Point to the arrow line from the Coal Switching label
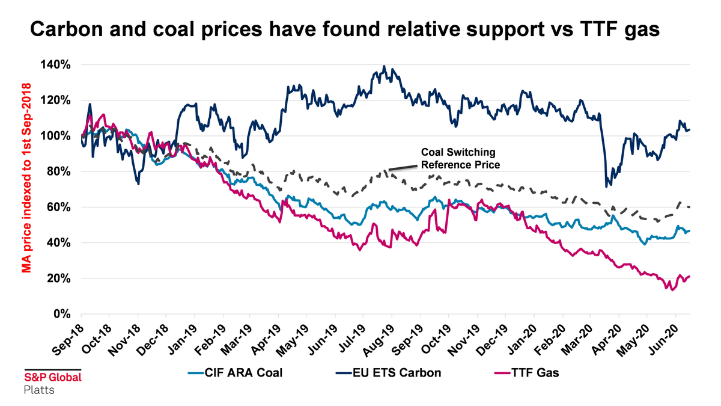coord(404,168)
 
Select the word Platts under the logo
coord(38,390)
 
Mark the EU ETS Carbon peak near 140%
coord(384,67)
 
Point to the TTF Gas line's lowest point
coord(667,289)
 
